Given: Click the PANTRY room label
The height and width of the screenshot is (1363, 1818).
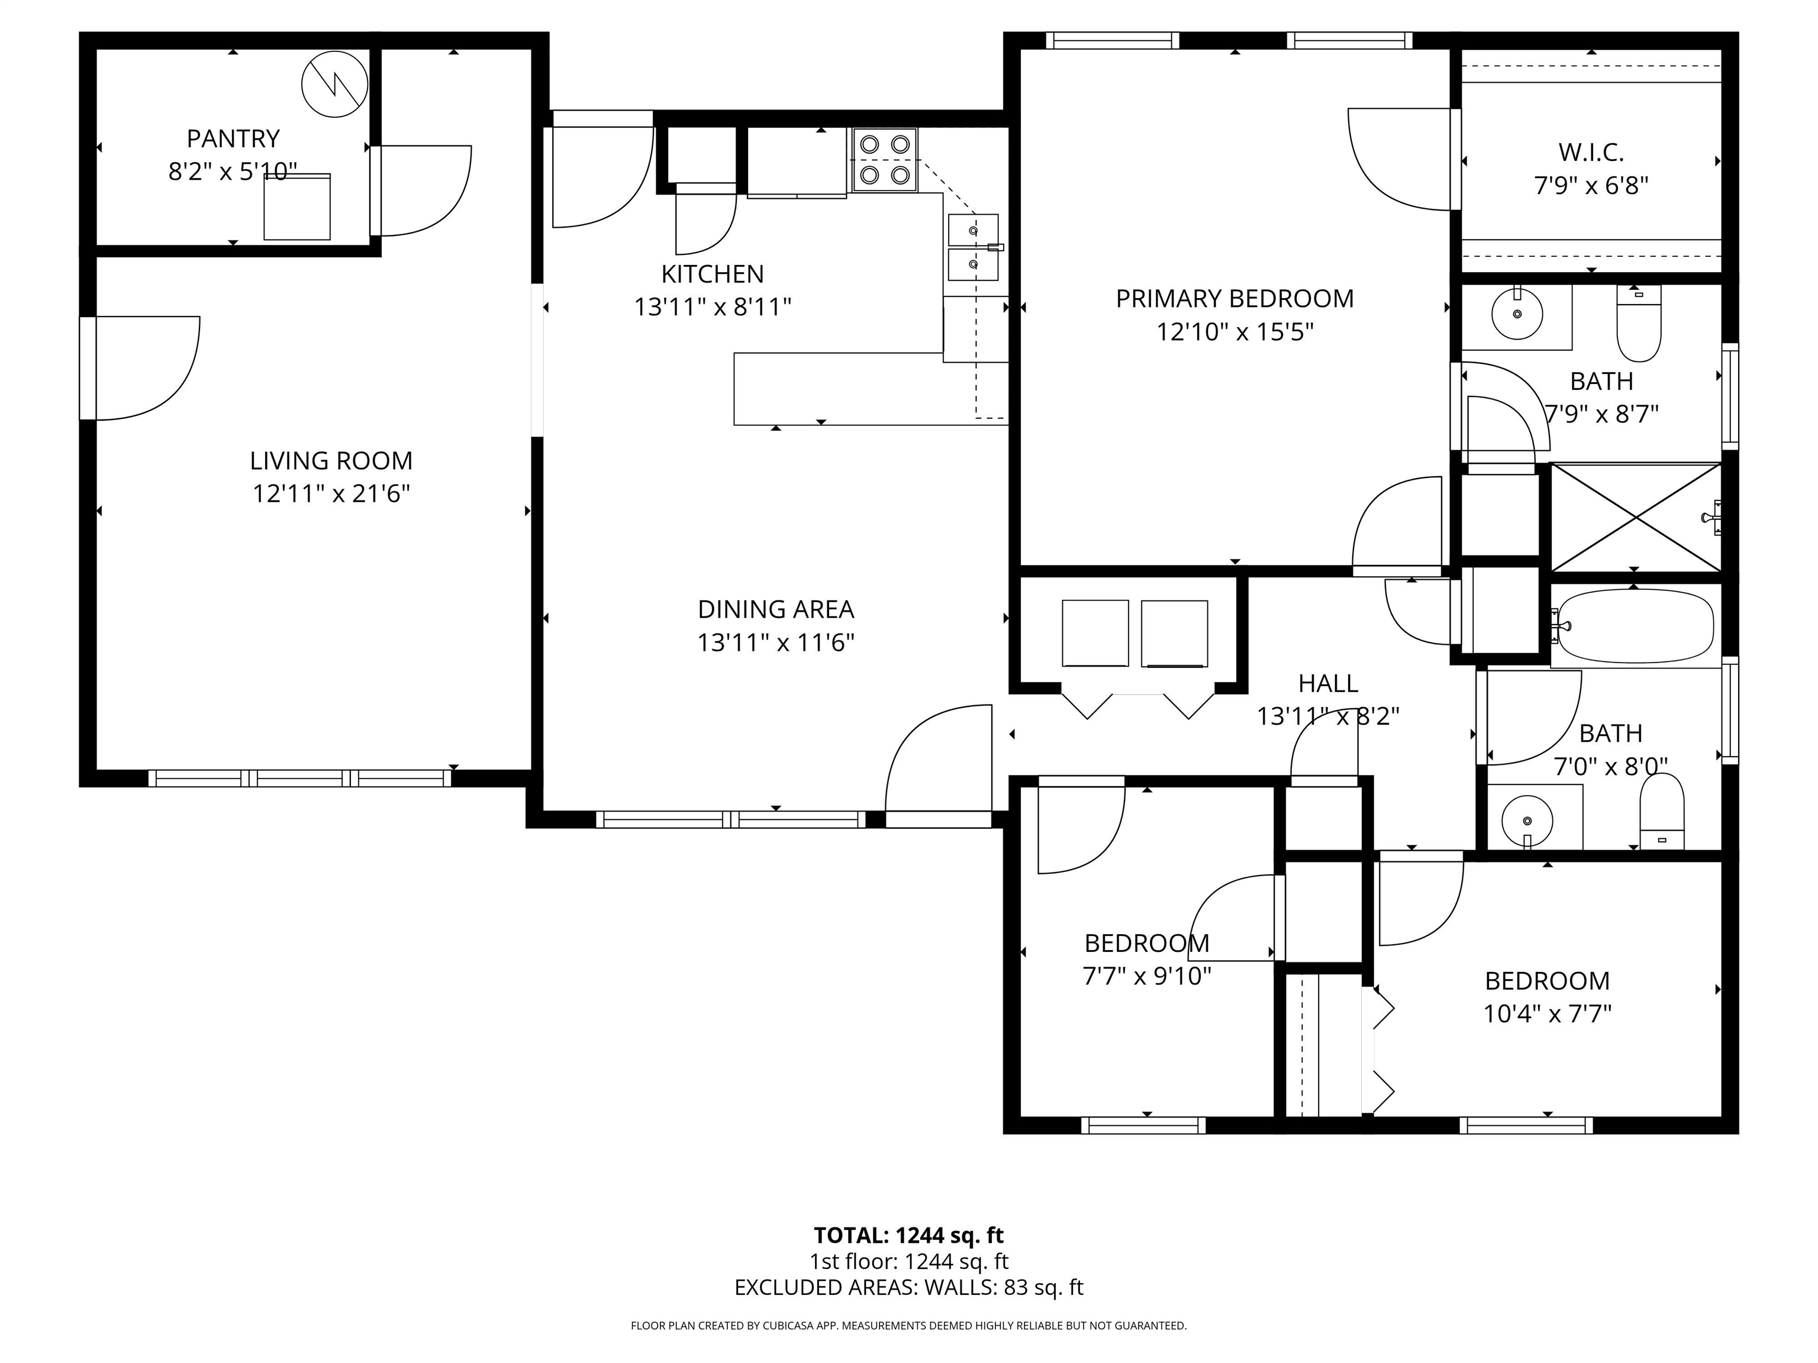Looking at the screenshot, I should (233, 138).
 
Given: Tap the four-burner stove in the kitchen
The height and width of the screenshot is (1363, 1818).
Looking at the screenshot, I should (884, 160).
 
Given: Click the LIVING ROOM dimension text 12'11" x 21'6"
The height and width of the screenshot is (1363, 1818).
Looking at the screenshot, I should (331, 494).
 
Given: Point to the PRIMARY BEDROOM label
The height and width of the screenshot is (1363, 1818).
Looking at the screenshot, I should (1234, 298).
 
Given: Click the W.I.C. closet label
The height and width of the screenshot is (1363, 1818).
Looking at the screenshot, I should (1591, 152).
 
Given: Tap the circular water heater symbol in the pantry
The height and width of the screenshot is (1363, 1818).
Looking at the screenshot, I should (334, 84).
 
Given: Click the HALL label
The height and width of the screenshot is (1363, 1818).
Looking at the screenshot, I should (1328, 683).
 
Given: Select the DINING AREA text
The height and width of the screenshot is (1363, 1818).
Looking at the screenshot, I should (776, 609).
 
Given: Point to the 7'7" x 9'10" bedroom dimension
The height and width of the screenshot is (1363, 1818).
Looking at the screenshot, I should (1146, 976).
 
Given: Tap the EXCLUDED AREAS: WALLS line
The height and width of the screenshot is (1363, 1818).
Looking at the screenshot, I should (908, 1287).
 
